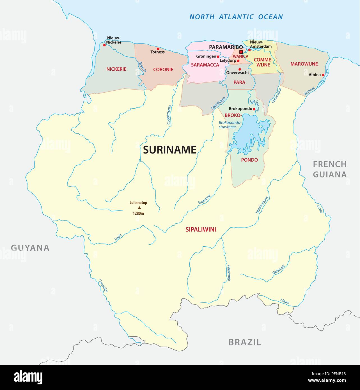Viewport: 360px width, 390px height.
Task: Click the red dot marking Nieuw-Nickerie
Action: pyautogui.click(x=105, y=45)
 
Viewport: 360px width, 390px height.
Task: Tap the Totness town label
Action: pyautogui.click(x=157, y=52)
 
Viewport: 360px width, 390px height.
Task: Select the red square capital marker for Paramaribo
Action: pyautogui.click(x=241, y=52)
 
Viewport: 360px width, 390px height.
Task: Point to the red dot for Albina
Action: pyautogui.click(x=323, y=75)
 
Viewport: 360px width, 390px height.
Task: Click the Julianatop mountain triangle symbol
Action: pyautogui.click(x=139, y=208)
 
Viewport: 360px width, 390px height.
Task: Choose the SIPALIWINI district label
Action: pyautogui.click(x=201, y=230)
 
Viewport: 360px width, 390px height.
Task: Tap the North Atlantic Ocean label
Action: pyautogui.click(x=236, y=17)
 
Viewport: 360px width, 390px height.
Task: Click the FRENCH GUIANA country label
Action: pyautogui.click(x=330, y=169)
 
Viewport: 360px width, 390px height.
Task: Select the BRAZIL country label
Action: pyautogui.click(x=245, y=342)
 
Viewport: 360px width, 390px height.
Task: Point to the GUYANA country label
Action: pyautogui.click(x=30, y=248)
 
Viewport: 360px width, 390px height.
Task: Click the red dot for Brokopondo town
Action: pyautogui.click(x=254, y=109)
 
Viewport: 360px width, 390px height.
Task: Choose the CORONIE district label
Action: pyautogui.click(x=163, y=70)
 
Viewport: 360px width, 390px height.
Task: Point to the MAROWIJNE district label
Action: pyautogui.click(x=304, y=64)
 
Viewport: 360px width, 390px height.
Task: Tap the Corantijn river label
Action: pyautogui.click(x=103, y=286)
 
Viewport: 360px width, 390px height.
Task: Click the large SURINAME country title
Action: pyautogui.click(x=169, y=150)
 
